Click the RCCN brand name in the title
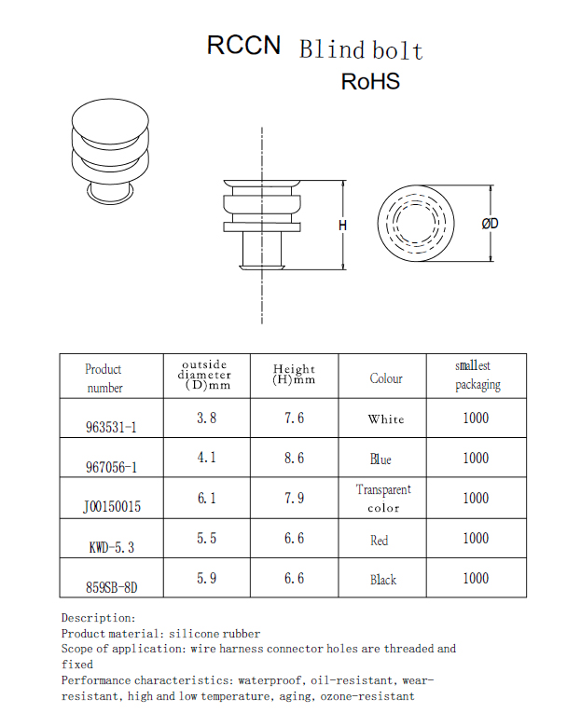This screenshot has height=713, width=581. click(x=243, y=45)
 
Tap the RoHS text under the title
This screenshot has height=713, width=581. click(x=370, y=81)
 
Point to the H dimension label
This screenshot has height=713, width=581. click(x=342, y=226)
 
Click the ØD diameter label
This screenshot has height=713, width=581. click(x=490, y=224)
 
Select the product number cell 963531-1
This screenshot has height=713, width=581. click(x=111, y=427)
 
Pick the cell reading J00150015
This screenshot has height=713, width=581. click(x=112, y=506)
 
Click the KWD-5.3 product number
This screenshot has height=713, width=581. click(x=112, y=547)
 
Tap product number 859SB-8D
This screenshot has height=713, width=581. click(x=112, y=587)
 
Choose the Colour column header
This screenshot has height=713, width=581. click(x=386, y=378)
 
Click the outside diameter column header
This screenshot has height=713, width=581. click(x=205, y=376)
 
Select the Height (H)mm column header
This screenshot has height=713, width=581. click(x=294, y=375)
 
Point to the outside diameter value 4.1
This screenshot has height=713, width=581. click(x=206, y=457)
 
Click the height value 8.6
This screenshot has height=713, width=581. click(x=294, y=458)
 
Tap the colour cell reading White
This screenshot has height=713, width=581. click(x=386, y=418)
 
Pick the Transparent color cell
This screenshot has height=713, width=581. click(x=383, y=499)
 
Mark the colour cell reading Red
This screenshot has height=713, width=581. click(x=379, y=541)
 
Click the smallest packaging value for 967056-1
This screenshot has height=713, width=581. click(x=476, y=458)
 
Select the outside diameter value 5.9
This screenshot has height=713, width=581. click(x=206, y=578)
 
